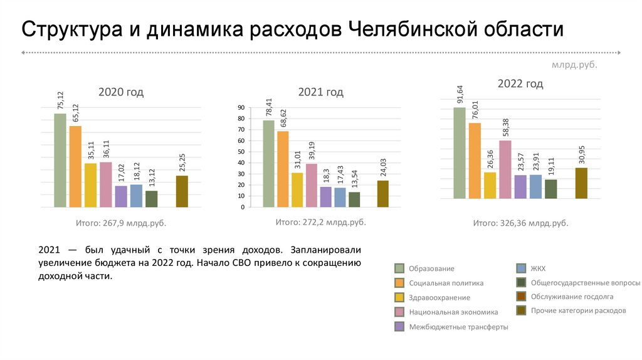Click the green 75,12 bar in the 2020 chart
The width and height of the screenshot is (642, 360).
tap(60, 160)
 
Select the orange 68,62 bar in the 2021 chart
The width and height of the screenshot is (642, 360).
tap(283, 169)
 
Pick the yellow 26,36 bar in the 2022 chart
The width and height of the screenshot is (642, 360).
tap(490, 185)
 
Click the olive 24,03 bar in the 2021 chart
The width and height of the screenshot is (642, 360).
tap(383, 194)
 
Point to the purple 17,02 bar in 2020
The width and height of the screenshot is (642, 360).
tap(121, 196)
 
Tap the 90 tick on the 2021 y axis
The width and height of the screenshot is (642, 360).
tap(241, 109)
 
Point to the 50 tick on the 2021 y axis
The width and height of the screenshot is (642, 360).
tap(241, 152)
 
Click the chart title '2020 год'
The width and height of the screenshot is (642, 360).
tap(121, 92)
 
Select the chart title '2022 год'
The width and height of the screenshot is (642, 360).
tap(520, 83)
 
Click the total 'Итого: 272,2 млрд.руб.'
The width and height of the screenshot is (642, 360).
tap(320, 222)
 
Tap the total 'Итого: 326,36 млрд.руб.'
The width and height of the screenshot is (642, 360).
tap(520, 223)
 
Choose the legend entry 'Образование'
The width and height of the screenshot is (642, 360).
tap(431, 268)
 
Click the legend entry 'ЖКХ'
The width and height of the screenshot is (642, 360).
tap(538, 268)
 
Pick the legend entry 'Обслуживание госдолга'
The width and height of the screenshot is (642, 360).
tap(572, 297)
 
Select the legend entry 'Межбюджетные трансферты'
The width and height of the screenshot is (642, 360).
tap(458, 327)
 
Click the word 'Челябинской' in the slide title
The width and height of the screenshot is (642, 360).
tap(413, 29)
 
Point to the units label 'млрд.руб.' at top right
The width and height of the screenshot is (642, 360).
tap(574, 65)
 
